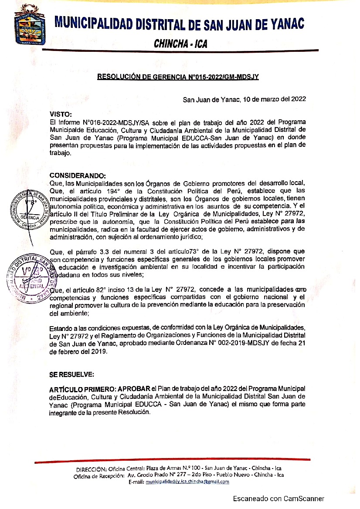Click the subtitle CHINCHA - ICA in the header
click(x=180, y=44)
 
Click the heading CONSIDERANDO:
click(x=78, y=176)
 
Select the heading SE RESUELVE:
click(x=71, y=374)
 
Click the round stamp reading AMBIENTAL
click(x=30, y=279)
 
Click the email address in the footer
click(x=187, y=482)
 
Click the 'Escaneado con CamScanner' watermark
click(x=278, y=499)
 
